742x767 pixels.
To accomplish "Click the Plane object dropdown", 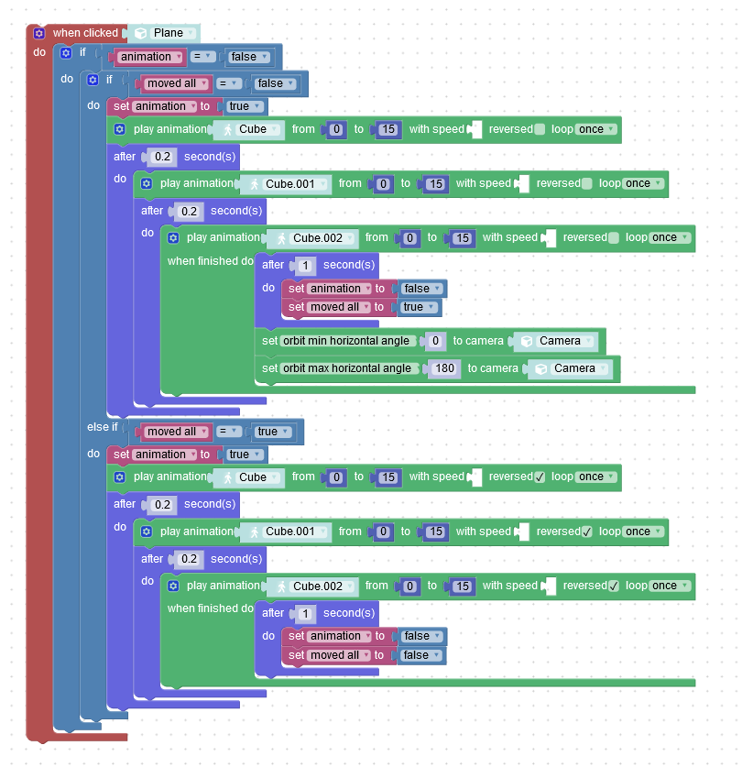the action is click(x=164, y=33).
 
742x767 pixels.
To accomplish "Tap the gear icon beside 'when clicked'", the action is click(x=39, y=33).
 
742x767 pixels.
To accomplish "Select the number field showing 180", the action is click(x=444, y=368).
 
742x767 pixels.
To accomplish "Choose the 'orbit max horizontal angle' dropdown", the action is click(x=349, y=368).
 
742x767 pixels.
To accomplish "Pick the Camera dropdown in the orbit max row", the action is click(x=570, y=368).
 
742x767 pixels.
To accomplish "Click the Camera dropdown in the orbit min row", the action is click(x=555, y=341).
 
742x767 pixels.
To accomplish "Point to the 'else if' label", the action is click(x=103, y=427).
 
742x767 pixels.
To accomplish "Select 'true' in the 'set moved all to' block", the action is click(x=418, y=307).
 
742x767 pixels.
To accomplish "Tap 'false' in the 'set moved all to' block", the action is click(x=420, y=655).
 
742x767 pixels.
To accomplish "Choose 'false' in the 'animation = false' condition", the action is click(x=248, y=57).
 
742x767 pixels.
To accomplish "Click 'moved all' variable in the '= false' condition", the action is click(x=175, y=83).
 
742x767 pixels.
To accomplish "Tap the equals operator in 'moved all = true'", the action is click(x=227, y=432).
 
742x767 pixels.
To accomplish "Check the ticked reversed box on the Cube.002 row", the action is click(x=614, y=586).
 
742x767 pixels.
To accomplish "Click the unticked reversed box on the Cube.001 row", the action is click(x=587, y=183).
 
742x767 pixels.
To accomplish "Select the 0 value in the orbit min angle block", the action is click(x=435, y=341).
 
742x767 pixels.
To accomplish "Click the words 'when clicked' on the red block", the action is click(x=85, y=33).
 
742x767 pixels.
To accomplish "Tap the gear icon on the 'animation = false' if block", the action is click(x=66, y=53).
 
